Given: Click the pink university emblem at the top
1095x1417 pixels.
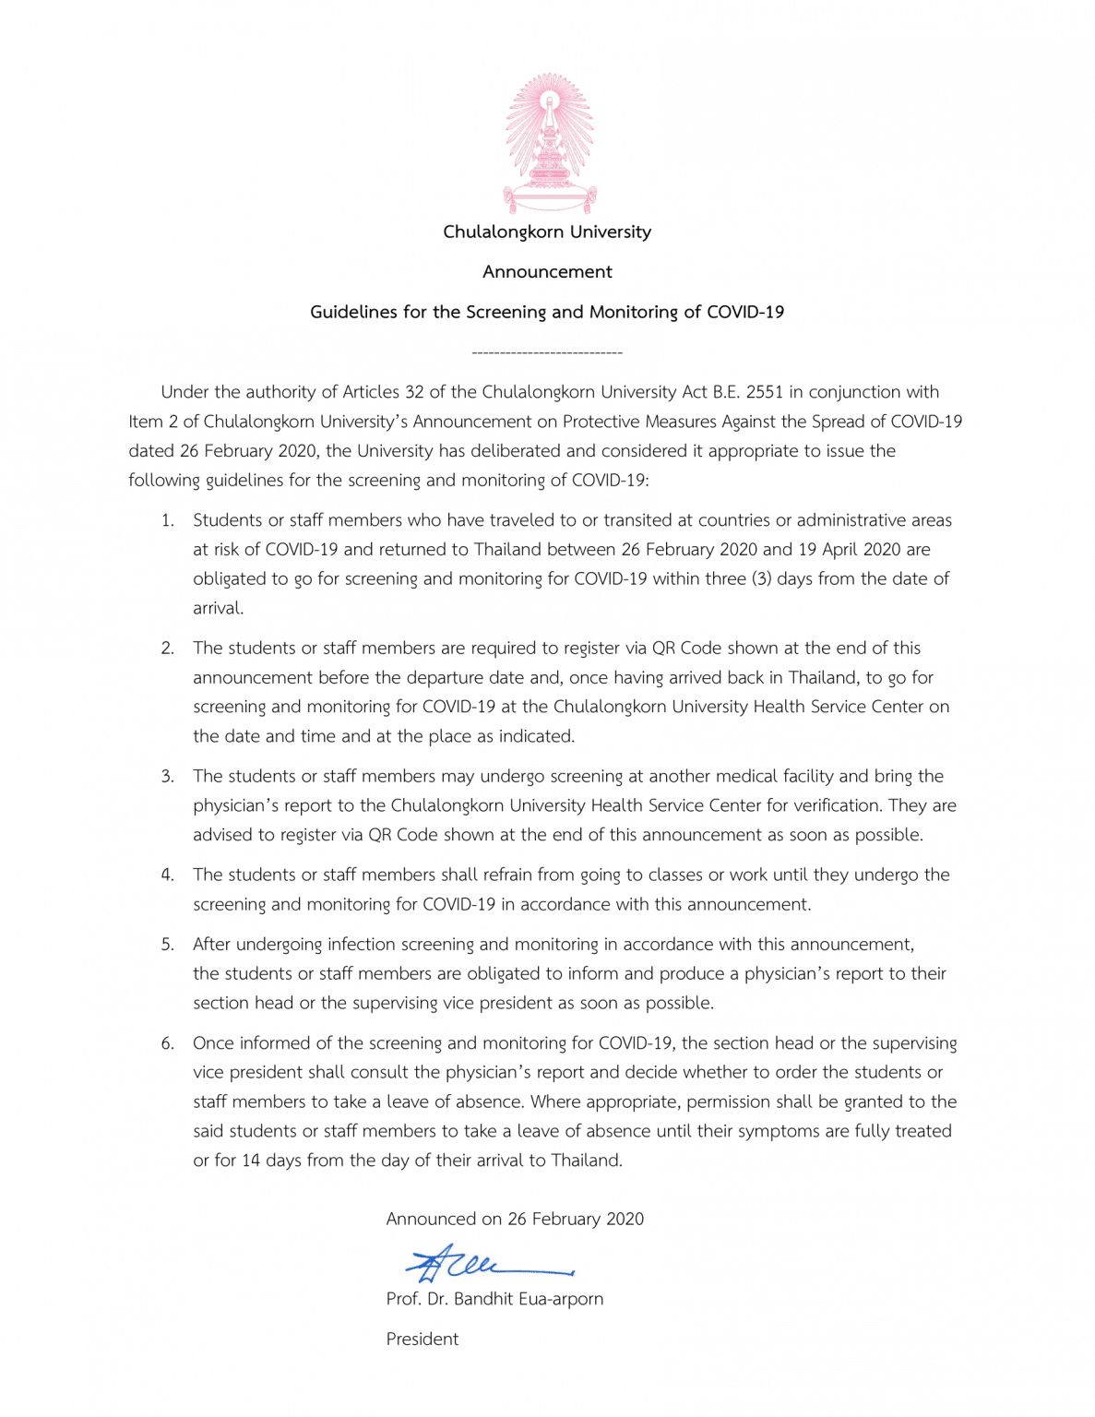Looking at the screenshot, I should (549, 143).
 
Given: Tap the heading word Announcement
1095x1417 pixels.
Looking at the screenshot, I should (547, 272).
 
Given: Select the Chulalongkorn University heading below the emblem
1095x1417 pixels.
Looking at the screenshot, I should (547, 232).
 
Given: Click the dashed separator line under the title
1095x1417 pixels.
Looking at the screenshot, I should (547, 352).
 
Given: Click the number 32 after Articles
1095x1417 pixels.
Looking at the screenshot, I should (414, 392).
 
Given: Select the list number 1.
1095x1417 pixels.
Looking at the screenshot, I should (167, 520).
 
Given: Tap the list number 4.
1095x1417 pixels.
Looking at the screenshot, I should (167, 875).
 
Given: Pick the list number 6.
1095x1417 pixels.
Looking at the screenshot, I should (167, 1043).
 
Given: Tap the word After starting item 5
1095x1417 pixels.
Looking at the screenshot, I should (212, 945).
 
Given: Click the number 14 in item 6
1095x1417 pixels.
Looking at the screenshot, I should (251, 1161).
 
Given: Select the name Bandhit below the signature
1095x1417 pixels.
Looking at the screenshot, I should (483, 1299).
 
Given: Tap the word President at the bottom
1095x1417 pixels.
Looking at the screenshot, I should (423, 1340).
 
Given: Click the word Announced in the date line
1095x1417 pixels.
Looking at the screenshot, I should (430, 1220).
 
